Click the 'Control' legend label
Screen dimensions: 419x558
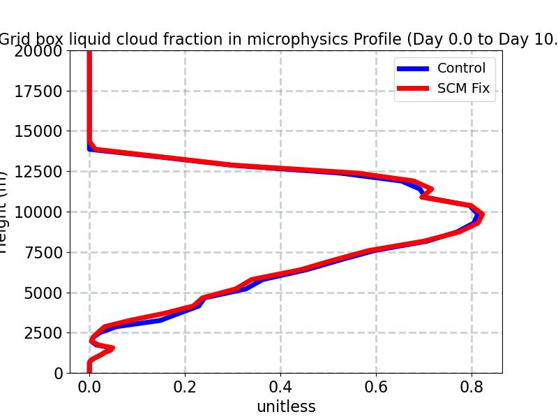click(461, 68)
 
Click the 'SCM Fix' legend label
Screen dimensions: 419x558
click(463, 89)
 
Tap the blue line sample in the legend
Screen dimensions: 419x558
click(413, 68)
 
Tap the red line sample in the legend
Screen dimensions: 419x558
click(413, 89)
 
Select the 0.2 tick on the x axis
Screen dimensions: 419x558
click(186, 385)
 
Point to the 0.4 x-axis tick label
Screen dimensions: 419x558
click(281, 385)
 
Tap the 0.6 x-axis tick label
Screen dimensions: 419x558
click(376, 385)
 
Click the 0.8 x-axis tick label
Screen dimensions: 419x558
click(472, 385)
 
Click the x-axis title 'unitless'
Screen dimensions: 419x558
click(286, 406)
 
